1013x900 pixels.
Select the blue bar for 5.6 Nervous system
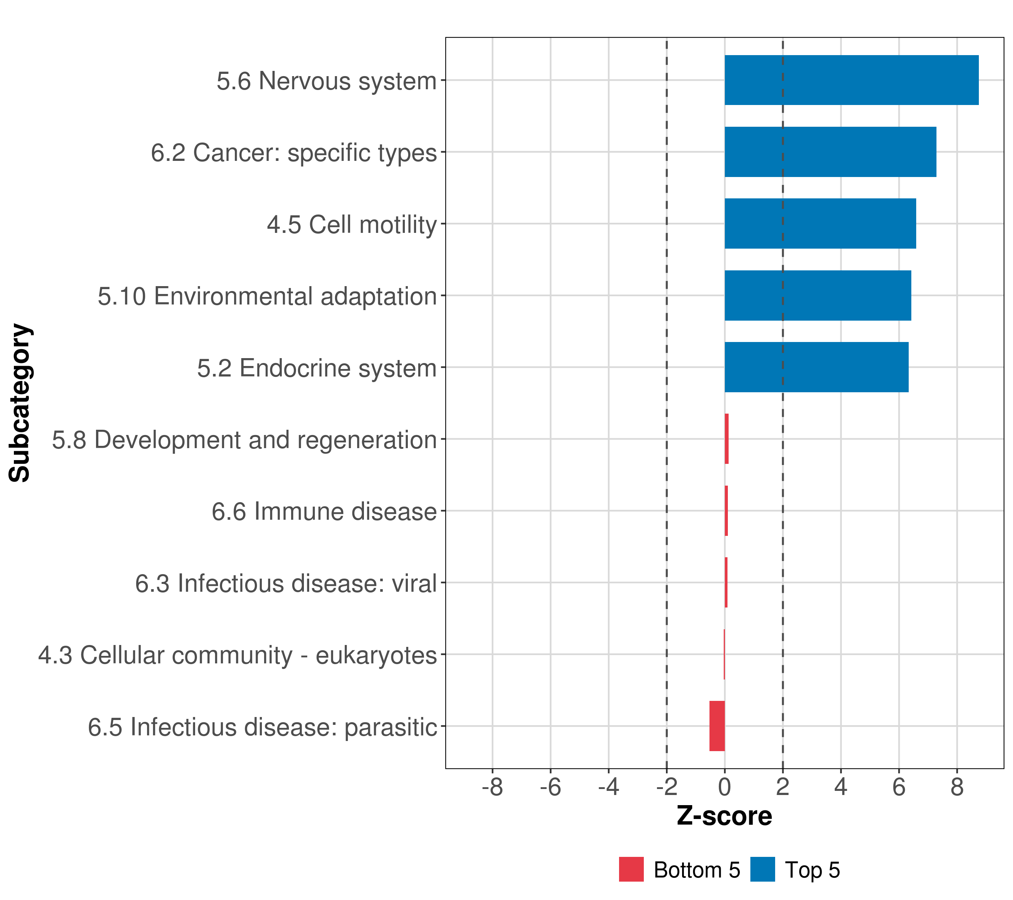(851, 80)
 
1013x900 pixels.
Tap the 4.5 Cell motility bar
(820, 223)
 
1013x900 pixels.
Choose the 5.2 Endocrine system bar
(816, 367)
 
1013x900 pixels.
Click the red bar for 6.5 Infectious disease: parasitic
(717, 726)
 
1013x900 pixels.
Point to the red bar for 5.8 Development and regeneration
(726, 439)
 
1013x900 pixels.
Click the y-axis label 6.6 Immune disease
(324, 511)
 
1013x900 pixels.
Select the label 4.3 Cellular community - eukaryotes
(237, 655)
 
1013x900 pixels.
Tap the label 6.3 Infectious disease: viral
(286, 583)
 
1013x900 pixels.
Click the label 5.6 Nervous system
(326, 81)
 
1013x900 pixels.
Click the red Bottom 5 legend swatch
(631, 869)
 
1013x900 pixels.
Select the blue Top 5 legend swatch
(762, 869)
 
